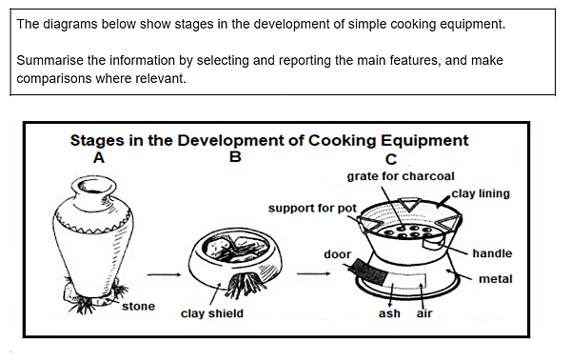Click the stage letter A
click(100, 159)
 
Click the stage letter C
click(391, 159)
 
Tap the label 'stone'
click(138, 307)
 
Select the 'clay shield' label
click(211, 313)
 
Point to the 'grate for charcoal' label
click(401, 176)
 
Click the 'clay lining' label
click(481, 193)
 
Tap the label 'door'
click(337, 254)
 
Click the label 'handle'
click(492, 253)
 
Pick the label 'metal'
click(495, 279)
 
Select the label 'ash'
click(389, 313)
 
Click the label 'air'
click(424, 313)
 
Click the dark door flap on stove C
click(365, 271)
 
